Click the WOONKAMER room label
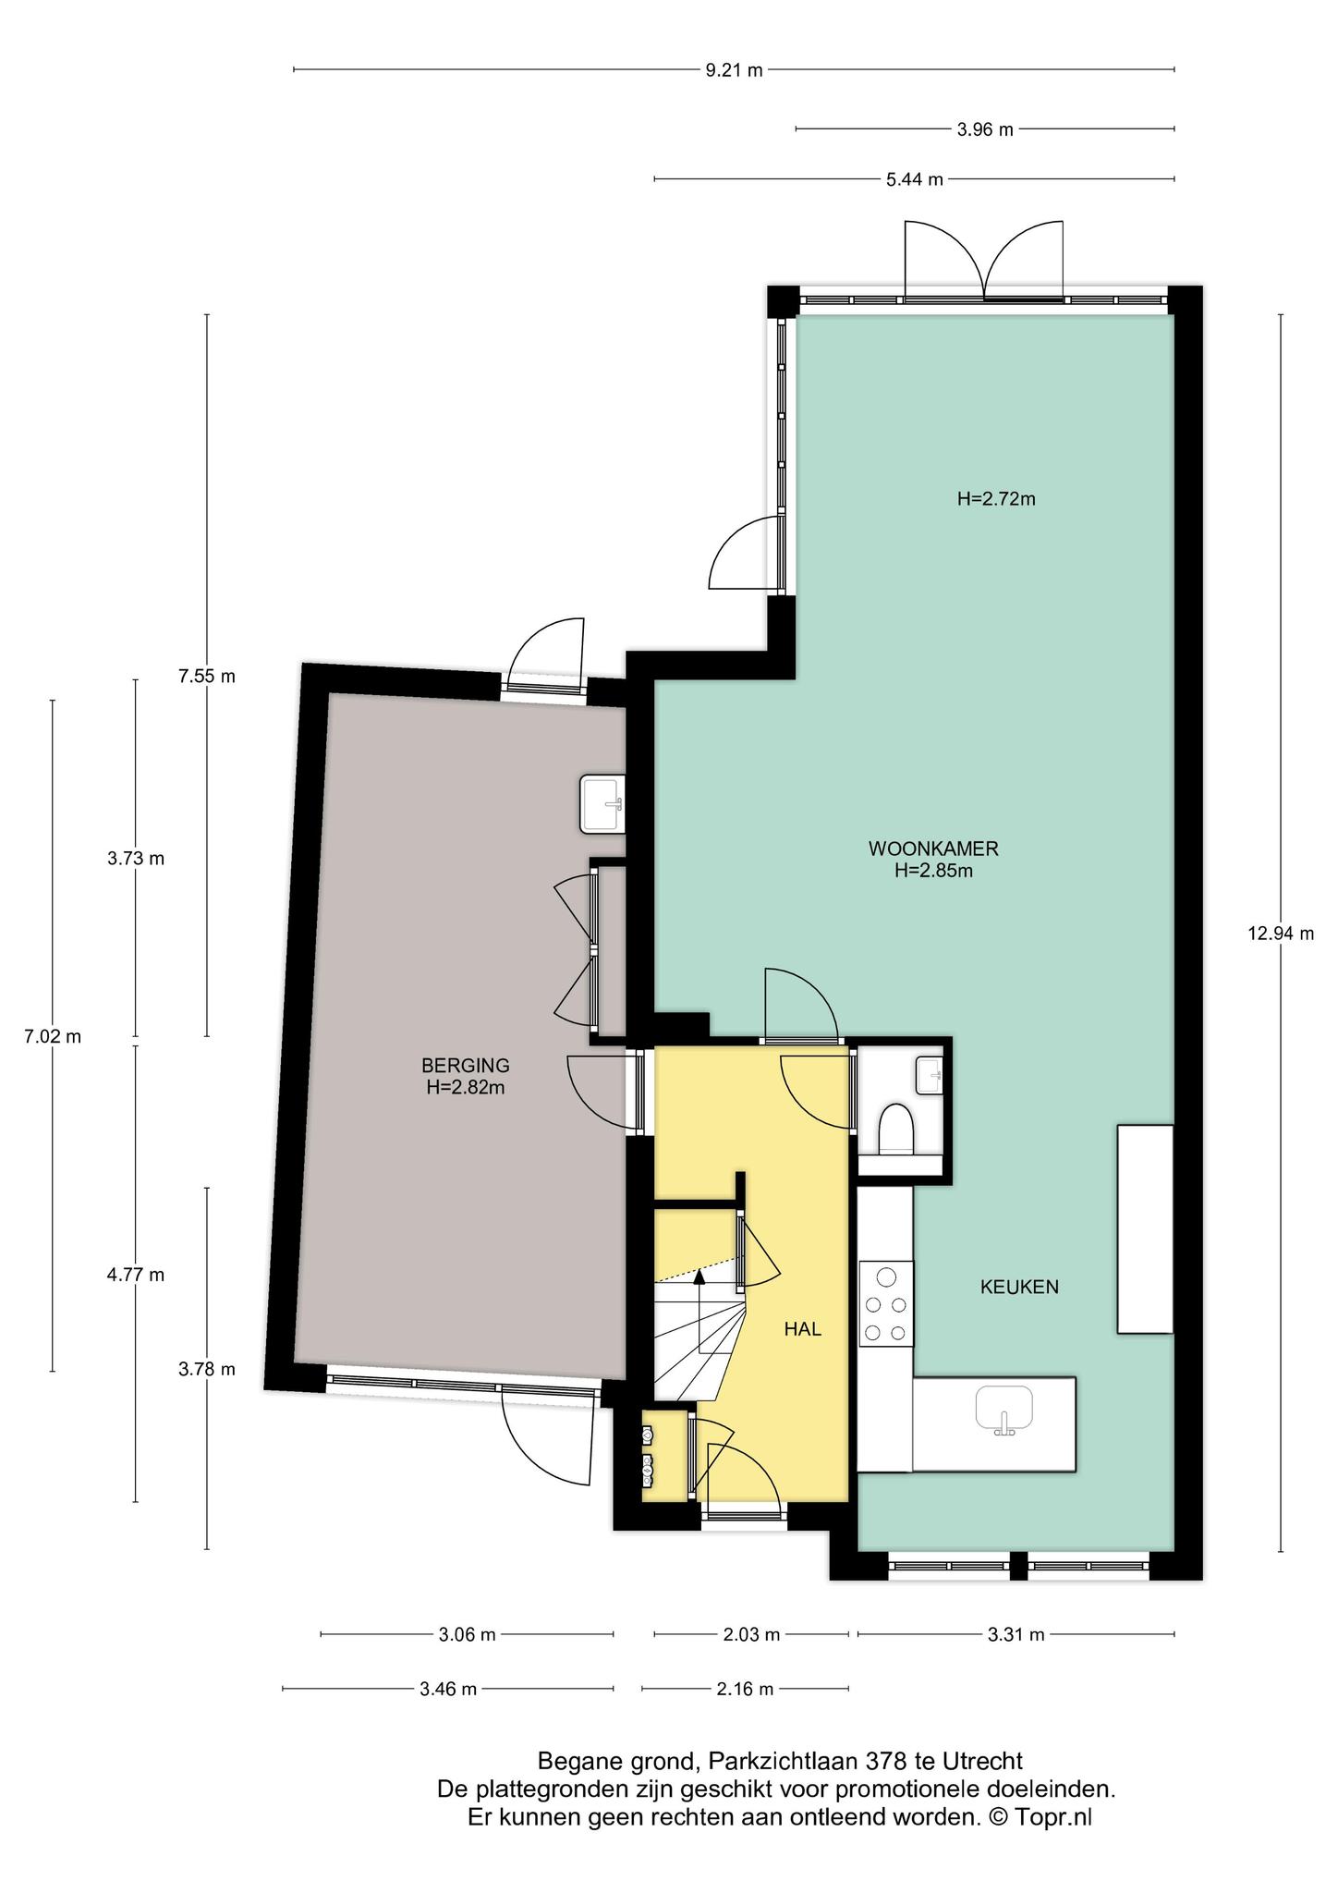[933, 848]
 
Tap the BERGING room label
[465, 1066]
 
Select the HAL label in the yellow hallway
[802, 1329]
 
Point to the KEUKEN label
[1019, 1287]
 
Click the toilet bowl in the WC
[895, 1130]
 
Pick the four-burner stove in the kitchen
[886, 1303]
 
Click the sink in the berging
[602, 803]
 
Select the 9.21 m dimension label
[735, 70]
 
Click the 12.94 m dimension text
[1281, 934]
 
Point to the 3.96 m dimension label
[985, 129]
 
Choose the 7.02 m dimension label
[52, 1036]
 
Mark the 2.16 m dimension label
[745, 1690]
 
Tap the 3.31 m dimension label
[1016, 1634]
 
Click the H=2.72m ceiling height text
[996, 499]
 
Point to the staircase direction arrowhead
[699, 1276]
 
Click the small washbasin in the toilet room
[930, 1075]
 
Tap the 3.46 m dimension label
[448, 1690]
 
